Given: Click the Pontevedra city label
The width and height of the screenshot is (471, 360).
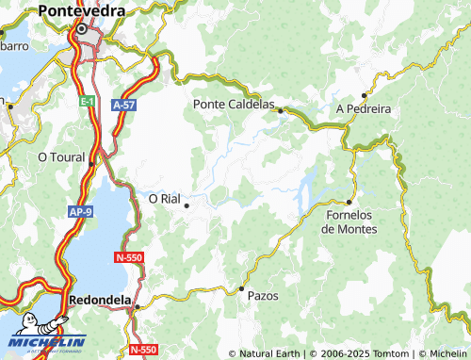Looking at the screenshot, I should (82, 10).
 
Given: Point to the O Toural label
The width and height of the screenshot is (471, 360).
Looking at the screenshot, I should (60, 157).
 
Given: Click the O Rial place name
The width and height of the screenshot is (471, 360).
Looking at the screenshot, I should (164, 198).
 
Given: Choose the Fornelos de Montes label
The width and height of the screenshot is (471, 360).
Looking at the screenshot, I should (349, 221).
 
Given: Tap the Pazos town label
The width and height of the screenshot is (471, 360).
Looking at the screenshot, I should (263, 295).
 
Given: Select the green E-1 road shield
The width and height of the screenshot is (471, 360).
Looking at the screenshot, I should (87, 100).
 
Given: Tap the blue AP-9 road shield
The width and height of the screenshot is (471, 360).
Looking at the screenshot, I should (79, 213).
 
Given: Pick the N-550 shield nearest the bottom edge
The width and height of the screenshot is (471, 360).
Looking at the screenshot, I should (142, 350).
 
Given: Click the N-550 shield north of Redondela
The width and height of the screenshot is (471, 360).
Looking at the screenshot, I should (129, 257).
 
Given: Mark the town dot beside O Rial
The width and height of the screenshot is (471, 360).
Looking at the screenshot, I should (187, 205).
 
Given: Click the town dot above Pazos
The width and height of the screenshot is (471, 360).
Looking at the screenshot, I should (242, 287).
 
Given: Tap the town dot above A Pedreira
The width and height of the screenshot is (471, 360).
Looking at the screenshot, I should (364, 95).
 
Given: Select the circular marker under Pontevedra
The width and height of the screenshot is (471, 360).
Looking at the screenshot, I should (82, 28).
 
